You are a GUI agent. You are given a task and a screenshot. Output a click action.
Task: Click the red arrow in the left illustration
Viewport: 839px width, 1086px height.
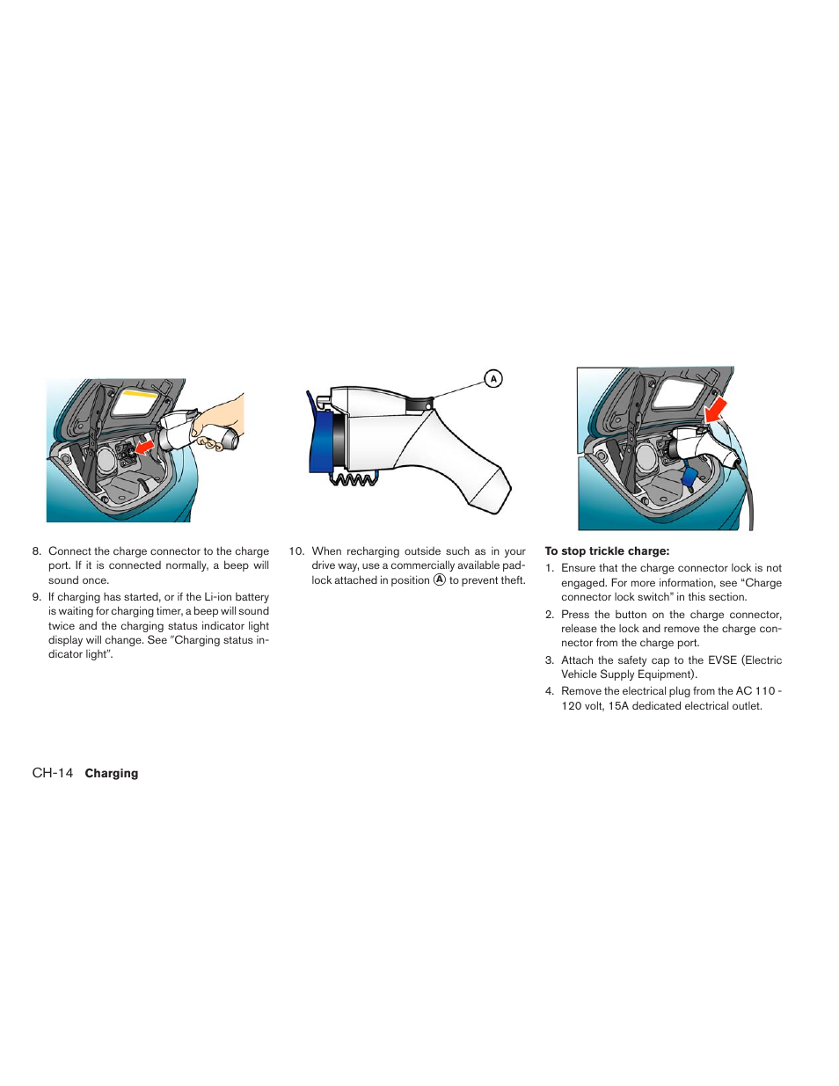coord(143,447)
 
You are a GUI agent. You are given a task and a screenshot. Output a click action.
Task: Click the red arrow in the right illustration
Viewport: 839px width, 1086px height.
coord(716,409)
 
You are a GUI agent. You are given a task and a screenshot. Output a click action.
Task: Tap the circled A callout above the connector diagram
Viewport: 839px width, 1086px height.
coord(493,379)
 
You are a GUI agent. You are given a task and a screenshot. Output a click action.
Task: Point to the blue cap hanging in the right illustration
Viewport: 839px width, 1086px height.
coord(689,478)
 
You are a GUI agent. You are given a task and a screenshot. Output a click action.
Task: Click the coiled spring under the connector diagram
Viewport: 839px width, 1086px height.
coord(354,479)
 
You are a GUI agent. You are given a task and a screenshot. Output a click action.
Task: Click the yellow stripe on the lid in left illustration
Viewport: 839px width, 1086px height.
coord(139,395)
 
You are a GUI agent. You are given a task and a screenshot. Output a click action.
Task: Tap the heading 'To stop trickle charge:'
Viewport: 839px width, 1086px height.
coord(607,551)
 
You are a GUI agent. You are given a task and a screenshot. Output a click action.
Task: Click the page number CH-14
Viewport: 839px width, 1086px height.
coord(53,773)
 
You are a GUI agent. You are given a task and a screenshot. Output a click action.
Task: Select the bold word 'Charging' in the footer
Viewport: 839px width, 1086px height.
coord(112,774)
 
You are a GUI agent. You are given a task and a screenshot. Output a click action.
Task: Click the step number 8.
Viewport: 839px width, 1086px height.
coord(36,551)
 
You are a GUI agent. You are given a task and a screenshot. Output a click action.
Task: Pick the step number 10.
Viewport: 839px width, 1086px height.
coord(295,551)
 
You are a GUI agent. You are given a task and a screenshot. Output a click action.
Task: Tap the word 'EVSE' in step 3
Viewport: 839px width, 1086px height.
coord(722,660)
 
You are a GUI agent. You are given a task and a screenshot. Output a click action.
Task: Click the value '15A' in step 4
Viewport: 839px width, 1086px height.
coord(618,706)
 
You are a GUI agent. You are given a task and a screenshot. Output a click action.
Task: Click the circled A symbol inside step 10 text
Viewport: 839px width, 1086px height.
coord(440,580)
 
